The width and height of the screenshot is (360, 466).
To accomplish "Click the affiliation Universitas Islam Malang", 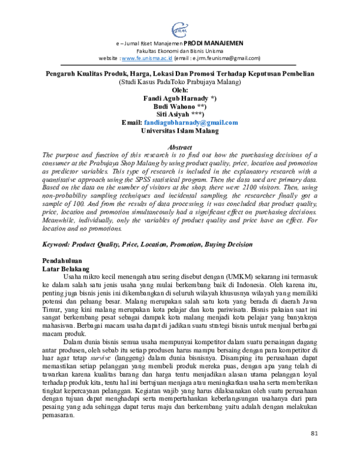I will (180, 130).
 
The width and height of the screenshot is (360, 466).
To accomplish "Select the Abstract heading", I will (180, 147).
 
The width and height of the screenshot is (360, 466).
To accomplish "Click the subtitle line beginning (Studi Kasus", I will (180, 82).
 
